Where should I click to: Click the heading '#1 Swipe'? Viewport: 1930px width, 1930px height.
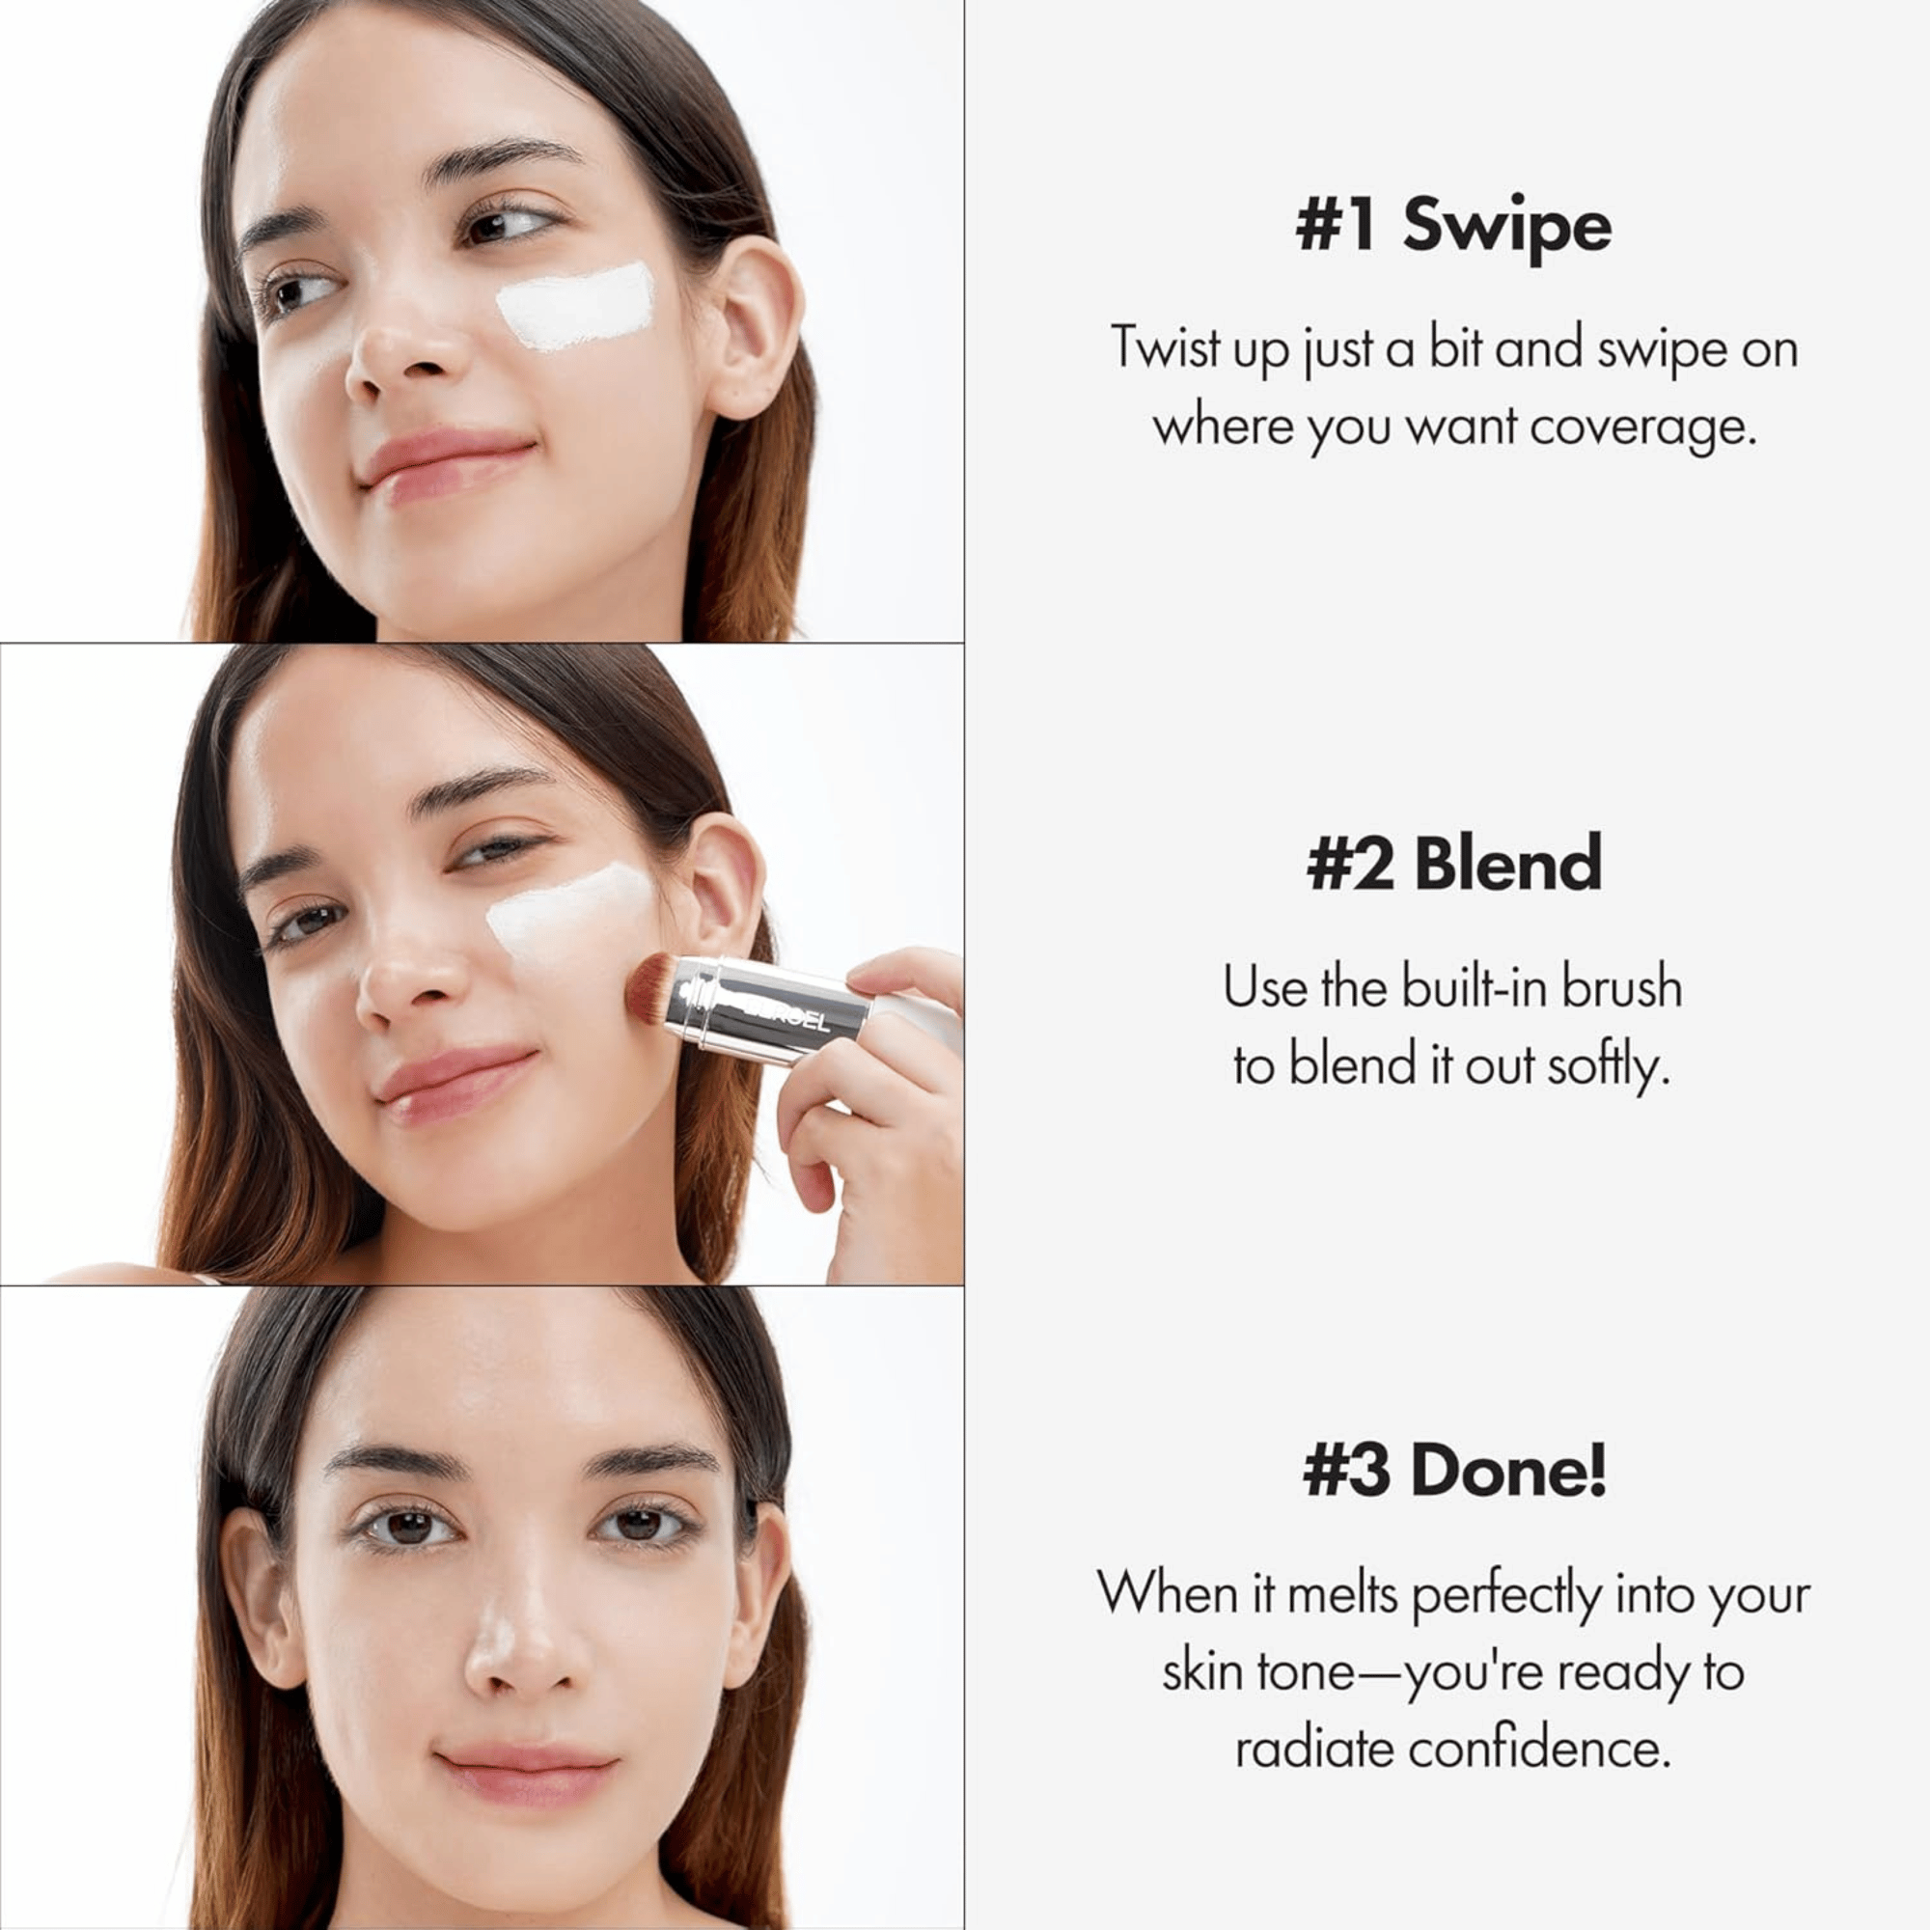click(1452, 226)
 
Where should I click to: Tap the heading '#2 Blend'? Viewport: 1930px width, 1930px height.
click(1453, 864)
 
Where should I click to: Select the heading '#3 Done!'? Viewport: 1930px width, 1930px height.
click(1454, 1472)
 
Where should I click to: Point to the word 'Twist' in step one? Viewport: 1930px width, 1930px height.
click(1165, 349)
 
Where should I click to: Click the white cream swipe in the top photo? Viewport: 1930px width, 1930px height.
click(576, 306)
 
